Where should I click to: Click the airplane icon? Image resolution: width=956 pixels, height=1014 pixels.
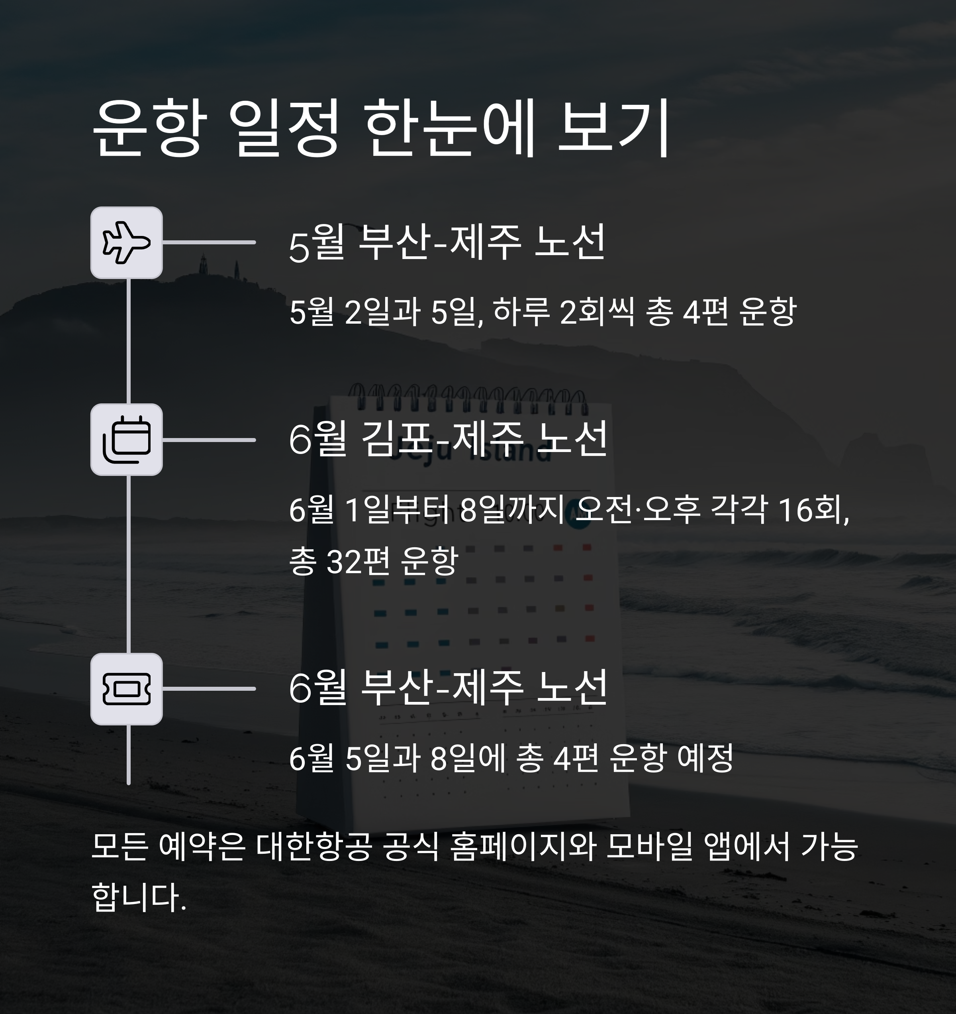[126, 243]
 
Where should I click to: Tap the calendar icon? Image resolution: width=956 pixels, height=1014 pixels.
[126, 440]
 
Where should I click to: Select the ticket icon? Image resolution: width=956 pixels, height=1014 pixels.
[126, 689]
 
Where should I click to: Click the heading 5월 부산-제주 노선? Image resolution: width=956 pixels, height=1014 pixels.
[447, 243]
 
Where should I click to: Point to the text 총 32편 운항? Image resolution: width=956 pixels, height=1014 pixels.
[374, 561]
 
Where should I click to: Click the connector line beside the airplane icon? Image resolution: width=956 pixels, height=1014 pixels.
[209, 242]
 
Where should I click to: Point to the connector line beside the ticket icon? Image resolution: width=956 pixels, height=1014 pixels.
[209, 689]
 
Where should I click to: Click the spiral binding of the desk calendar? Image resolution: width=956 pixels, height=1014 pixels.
[466, 398]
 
